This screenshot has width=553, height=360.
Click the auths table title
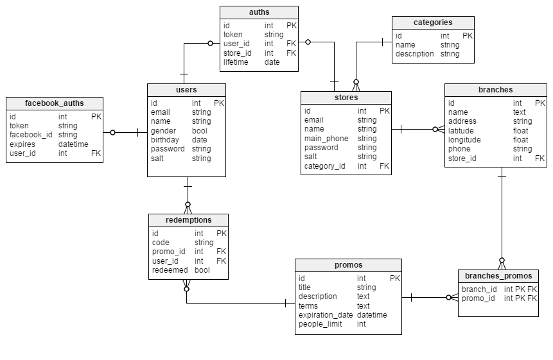tap(259, 12)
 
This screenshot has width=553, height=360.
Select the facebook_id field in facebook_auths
tap(31, 135)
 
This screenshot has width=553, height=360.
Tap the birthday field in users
tap(164, 140)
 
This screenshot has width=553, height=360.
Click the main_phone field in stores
tap(326, 139)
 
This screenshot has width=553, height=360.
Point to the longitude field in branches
tap(464, 140)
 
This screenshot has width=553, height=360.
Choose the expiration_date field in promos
tap(326, 315)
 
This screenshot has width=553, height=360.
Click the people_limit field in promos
tap(320, 324)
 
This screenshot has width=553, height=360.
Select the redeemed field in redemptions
tap(170, 270)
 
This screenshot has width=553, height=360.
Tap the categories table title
tap(433, 22)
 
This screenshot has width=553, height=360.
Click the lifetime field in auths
tap(236, 62)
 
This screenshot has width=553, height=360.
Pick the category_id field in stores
tap(324, 166)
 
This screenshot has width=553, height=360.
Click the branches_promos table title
tap(498, 276)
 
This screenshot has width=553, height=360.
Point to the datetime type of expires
tap(73, 144)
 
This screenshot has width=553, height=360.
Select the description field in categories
tap(415, 54)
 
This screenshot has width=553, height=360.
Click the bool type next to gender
tap(200, 131)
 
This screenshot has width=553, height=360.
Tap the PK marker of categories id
tap(468, 36)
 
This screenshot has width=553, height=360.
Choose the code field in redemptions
tap(161, 243)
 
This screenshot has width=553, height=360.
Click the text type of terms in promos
tap(364, 306)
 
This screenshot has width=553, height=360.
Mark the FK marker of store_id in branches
tap(540, 159)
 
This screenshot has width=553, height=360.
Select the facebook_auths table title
tap(55, 103)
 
